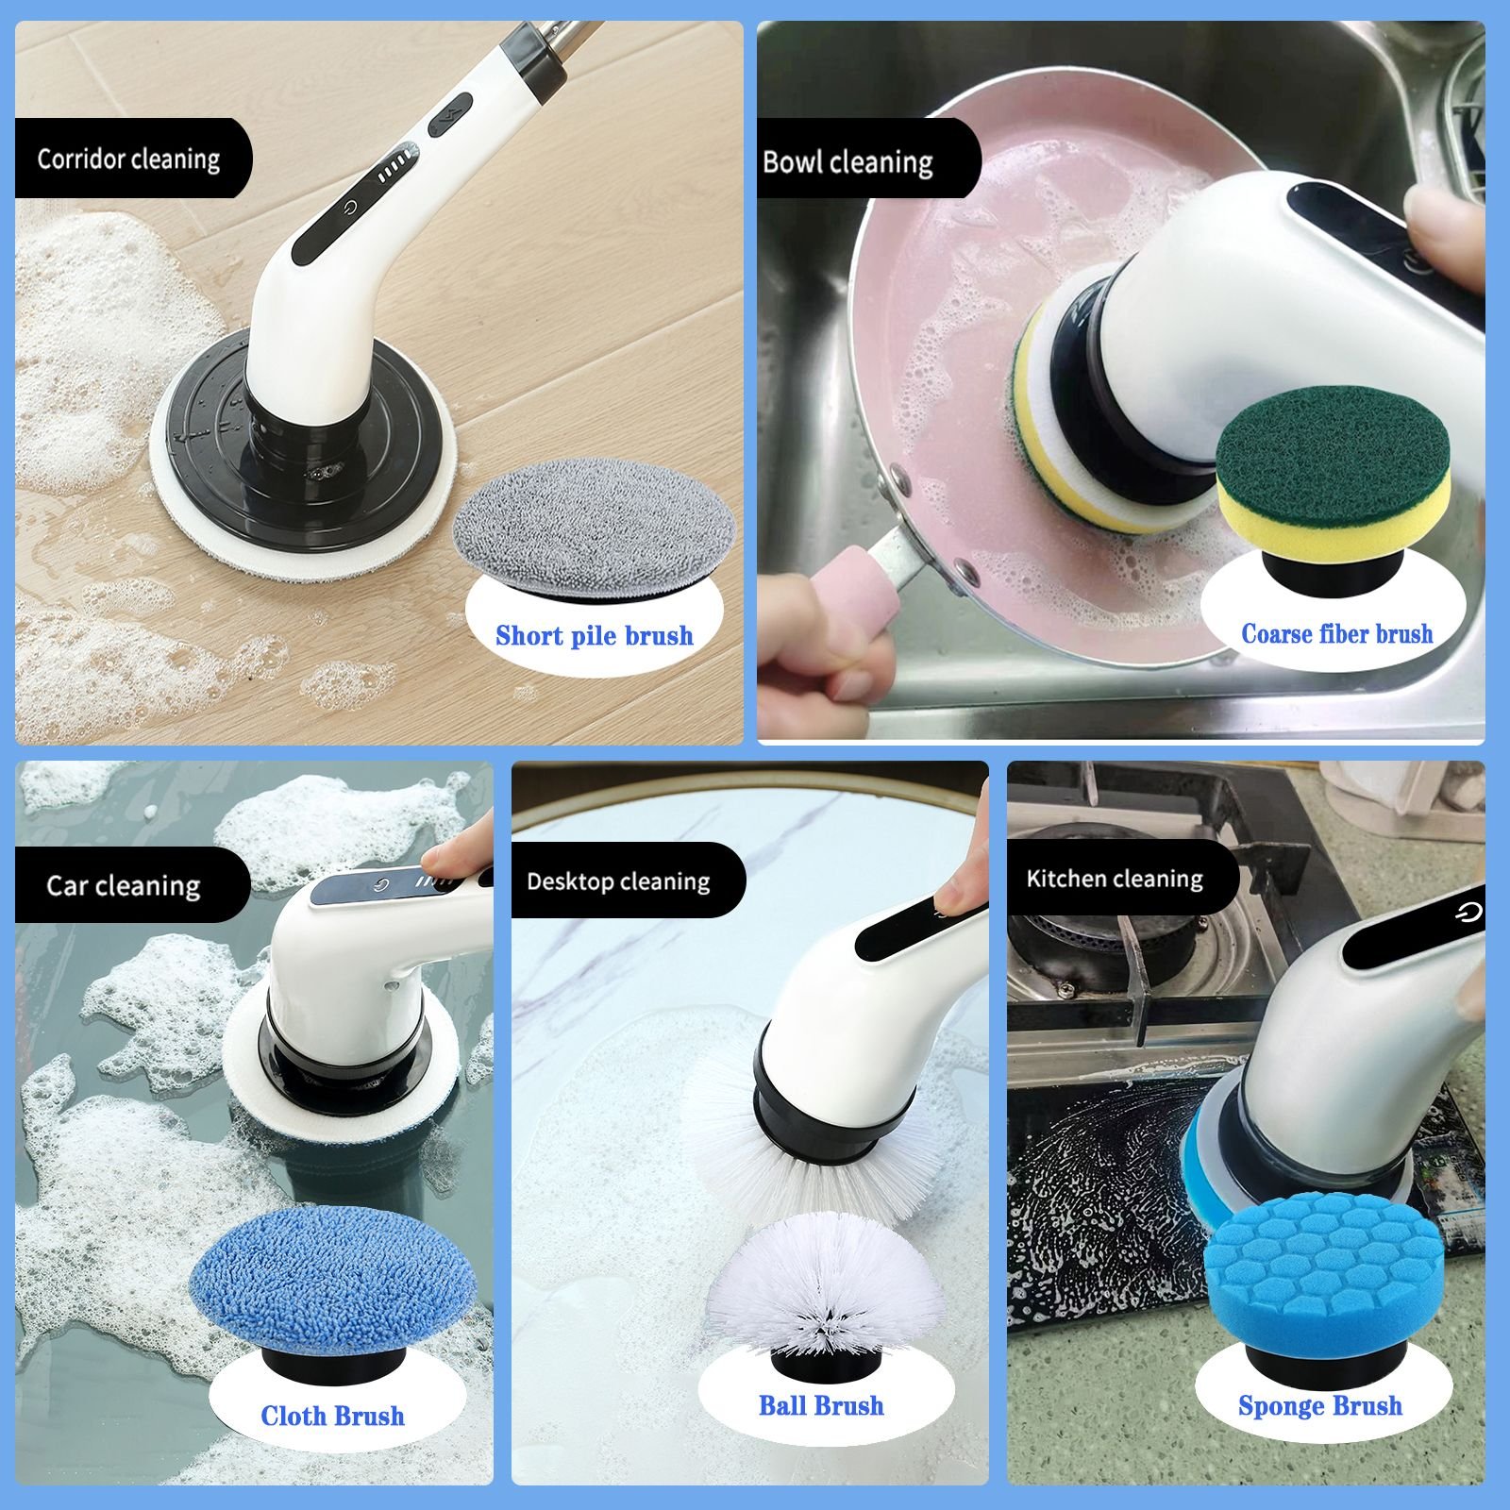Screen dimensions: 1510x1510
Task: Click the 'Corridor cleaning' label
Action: click(128, 159)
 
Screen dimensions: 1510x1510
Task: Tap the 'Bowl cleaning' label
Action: click(847, 162)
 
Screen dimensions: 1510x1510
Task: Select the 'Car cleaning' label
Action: click(123, 885)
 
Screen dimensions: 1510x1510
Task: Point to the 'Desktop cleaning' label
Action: click(618, 881)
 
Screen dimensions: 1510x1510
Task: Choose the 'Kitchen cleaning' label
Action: click(1115, 879)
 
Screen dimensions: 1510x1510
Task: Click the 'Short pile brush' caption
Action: click(595, 635)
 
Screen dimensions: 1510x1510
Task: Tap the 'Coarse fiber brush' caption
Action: click(1337, 633)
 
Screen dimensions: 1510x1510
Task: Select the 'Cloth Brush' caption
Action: click(332, 1416)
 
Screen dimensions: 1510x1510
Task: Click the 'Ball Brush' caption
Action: click(821, 1405)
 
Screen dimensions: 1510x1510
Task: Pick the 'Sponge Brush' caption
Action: click(1319, 1406)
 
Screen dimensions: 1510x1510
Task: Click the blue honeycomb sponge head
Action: click(1323, 1274)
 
